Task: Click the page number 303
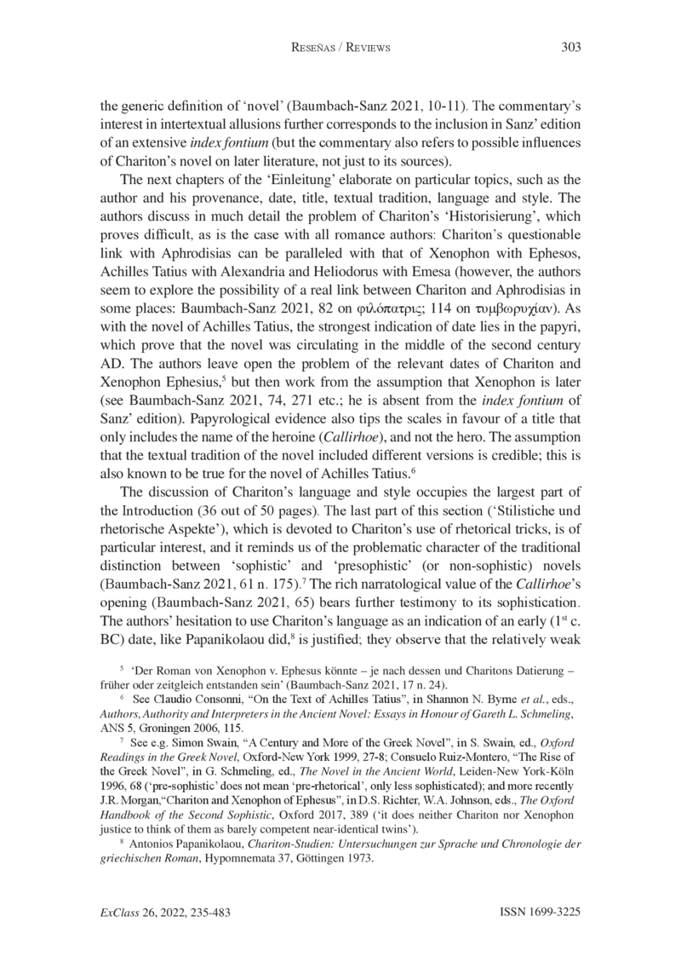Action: (x=569, y=48)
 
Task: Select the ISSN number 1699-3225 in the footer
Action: (x=553, y=912)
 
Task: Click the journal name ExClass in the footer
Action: (x=120, y=912)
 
